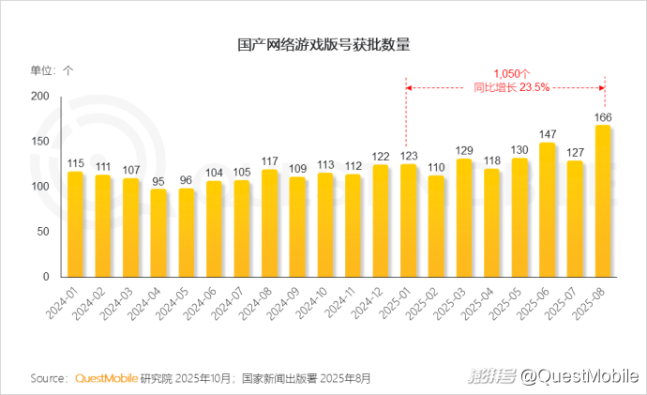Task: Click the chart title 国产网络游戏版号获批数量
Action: (323, 44)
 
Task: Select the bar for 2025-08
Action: (604, 201)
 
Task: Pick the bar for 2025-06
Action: (548, 209)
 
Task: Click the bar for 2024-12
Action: (381, 220)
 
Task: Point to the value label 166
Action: (604, 117)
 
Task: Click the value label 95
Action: (158, 182)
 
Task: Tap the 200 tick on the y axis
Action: (39, 97)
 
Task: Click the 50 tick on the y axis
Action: (42, 232)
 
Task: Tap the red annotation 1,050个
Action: (512, 72)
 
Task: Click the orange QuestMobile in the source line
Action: (107, 379)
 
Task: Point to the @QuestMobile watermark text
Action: (579, 376)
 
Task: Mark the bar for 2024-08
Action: (269, 223)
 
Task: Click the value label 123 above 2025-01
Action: (409, 157)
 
